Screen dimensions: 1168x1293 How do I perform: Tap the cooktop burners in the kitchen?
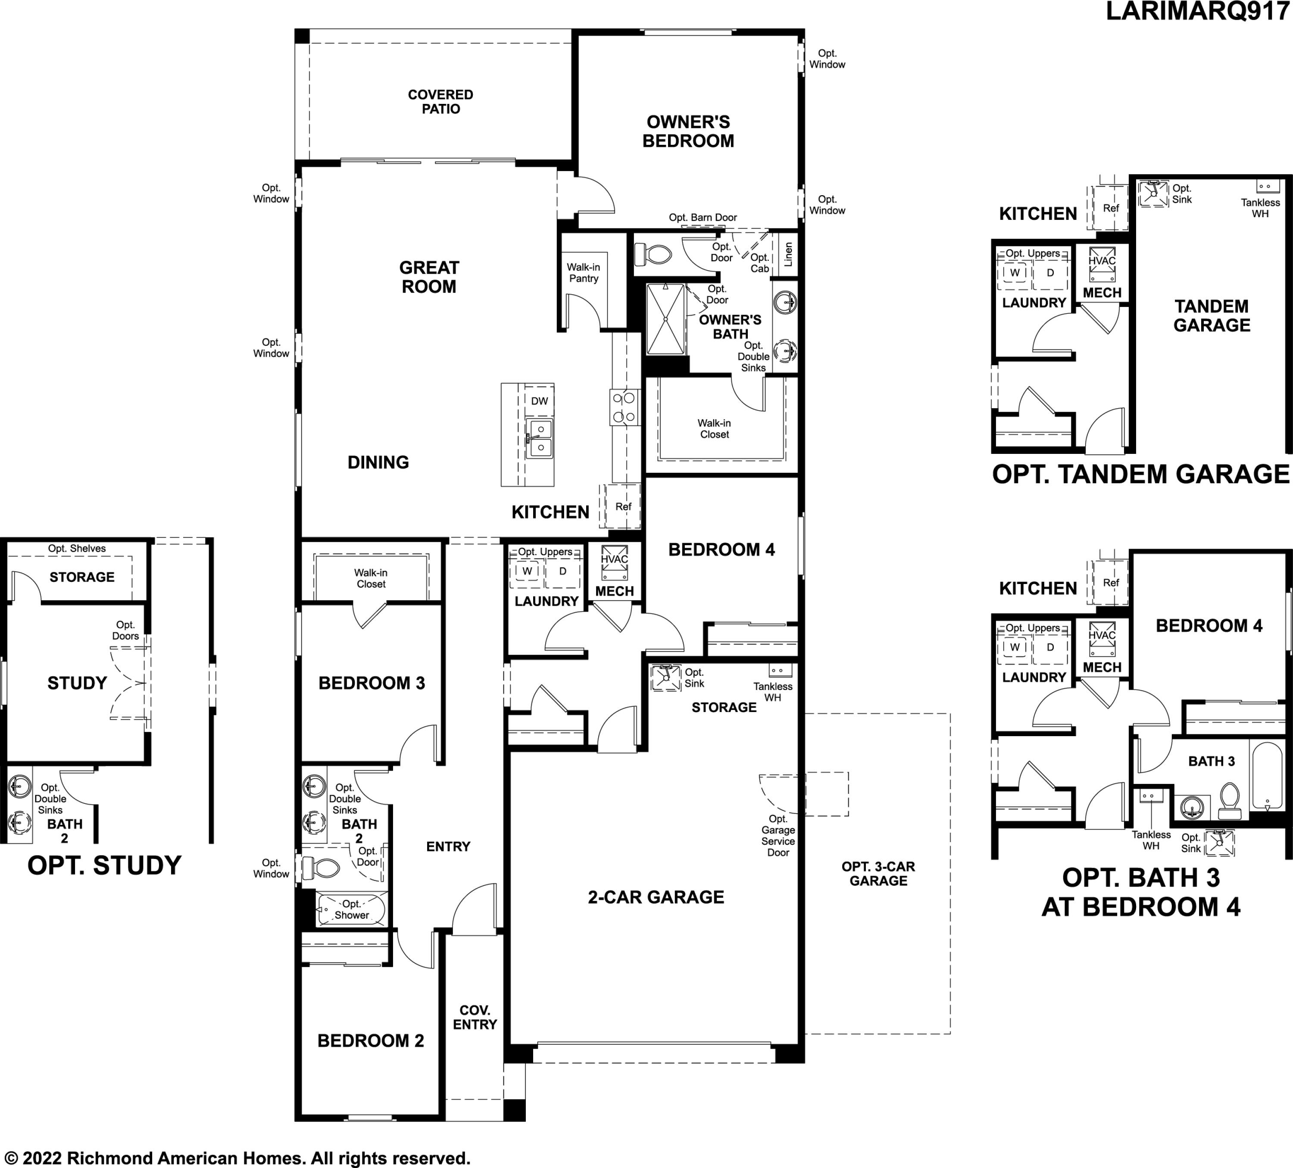point(625,408)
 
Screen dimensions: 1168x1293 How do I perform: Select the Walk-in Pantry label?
point(583,272)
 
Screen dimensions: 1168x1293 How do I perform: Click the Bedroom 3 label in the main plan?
point(372,683)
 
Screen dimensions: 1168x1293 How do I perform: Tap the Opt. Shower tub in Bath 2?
point(351,909)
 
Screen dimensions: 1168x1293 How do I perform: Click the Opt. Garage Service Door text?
point(778,836)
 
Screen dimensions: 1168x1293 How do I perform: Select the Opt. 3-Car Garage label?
point(878,874)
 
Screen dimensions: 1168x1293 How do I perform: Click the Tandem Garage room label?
point(1212,315)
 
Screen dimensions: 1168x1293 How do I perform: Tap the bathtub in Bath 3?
point(1267,775)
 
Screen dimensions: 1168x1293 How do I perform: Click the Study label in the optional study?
point(77,683)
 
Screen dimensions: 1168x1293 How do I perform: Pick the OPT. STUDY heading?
point(105,866)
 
